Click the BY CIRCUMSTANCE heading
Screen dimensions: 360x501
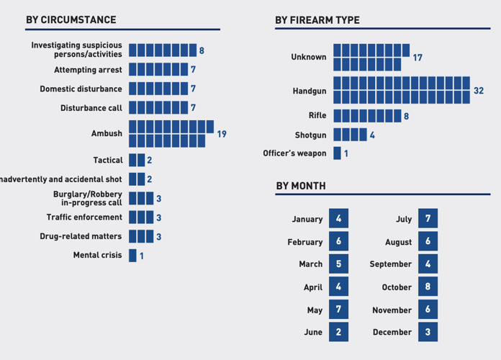(71, 19)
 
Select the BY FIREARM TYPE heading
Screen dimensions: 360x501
(317, 19)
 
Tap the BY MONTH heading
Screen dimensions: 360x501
(301, 186)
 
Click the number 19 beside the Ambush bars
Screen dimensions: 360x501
(221, 134)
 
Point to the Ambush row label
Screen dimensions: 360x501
(107, 134)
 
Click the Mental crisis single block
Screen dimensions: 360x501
(132, 256)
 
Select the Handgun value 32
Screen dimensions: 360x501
(479, 91)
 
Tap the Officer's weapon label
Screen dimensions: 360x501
(294, 153)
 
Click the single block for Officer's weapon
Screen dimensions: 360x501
(337, 153)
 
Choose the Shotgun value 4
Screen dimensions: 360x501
(372, 135)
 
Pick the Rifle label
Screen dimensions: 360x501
(317, 115)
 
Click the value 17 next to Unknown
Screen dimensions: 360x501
(417, 58)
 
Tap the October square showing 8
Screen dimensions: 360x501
(428, 287)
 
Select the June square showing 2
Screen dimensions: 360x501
(338, 332)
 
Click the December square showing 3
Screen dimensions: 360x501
(428, 332)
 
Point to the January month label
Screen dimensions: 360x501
(307, 219)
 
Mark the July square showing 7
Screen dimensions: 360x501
(428, 218)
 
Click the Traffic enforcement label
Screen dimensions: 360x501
(84, 217)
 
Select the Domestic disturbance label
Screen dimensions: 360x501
(81, 89)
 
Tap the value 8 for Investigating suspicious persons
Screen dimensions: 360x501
(202, 50)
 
